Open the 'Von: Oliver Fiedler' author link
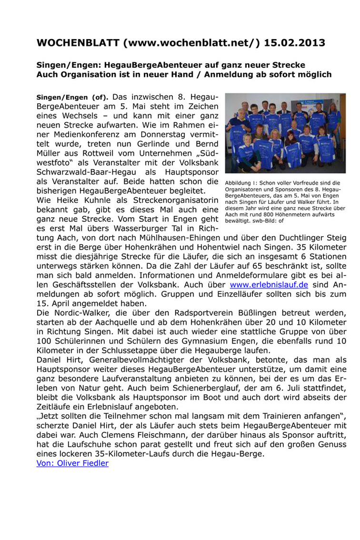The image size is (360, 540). (x=72, y=463)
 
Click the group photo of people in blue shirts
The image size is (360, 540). (x=285, y=133)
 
